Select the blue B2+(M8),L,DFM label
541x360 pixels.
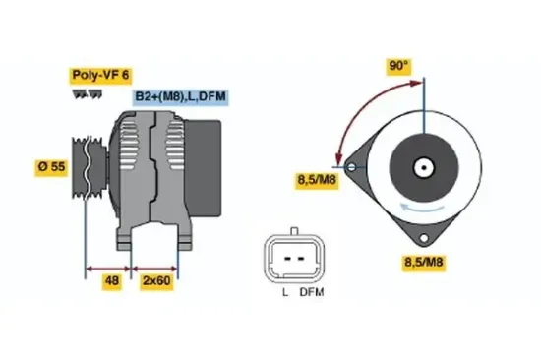coord(181,97)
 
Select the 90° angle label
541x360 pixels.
coord(397,66)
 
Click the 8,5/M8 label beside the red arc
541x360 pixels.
coord(317,180)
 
